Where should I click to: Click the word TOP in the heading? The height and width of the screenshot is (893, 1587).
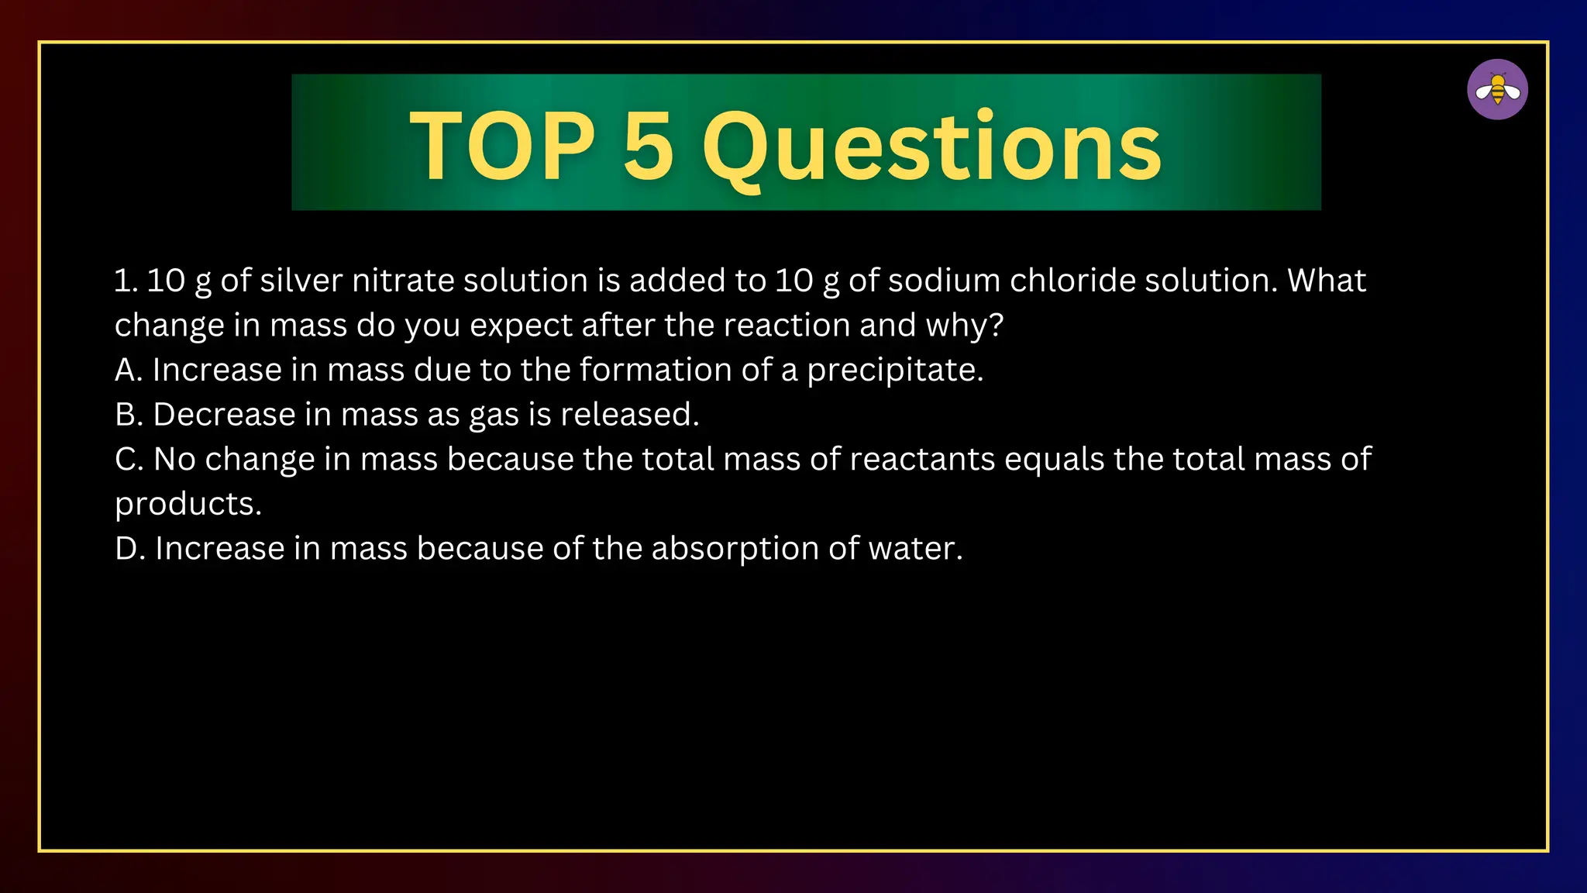[502, 146]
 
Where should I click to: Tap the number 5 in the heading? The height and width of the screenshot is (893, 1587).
[648, 146]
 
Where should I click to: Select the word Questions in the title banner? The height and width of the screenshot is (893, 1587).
[931, 147]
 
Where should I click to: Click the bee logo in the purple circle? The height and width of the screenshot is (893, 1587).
[1497, 90]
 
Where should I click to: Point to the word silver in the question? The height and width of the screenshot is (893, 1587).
[301, 281]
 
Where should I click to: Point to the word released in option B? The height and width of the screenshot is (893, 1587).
[628, 415]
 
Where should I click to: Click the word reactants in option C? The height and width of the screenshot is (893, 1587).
[922, 460]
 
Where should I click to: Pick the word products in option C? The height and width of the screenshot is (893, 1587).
[188, 505]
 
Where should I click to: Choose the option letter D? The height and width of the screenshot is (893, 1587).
[127, 549]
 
